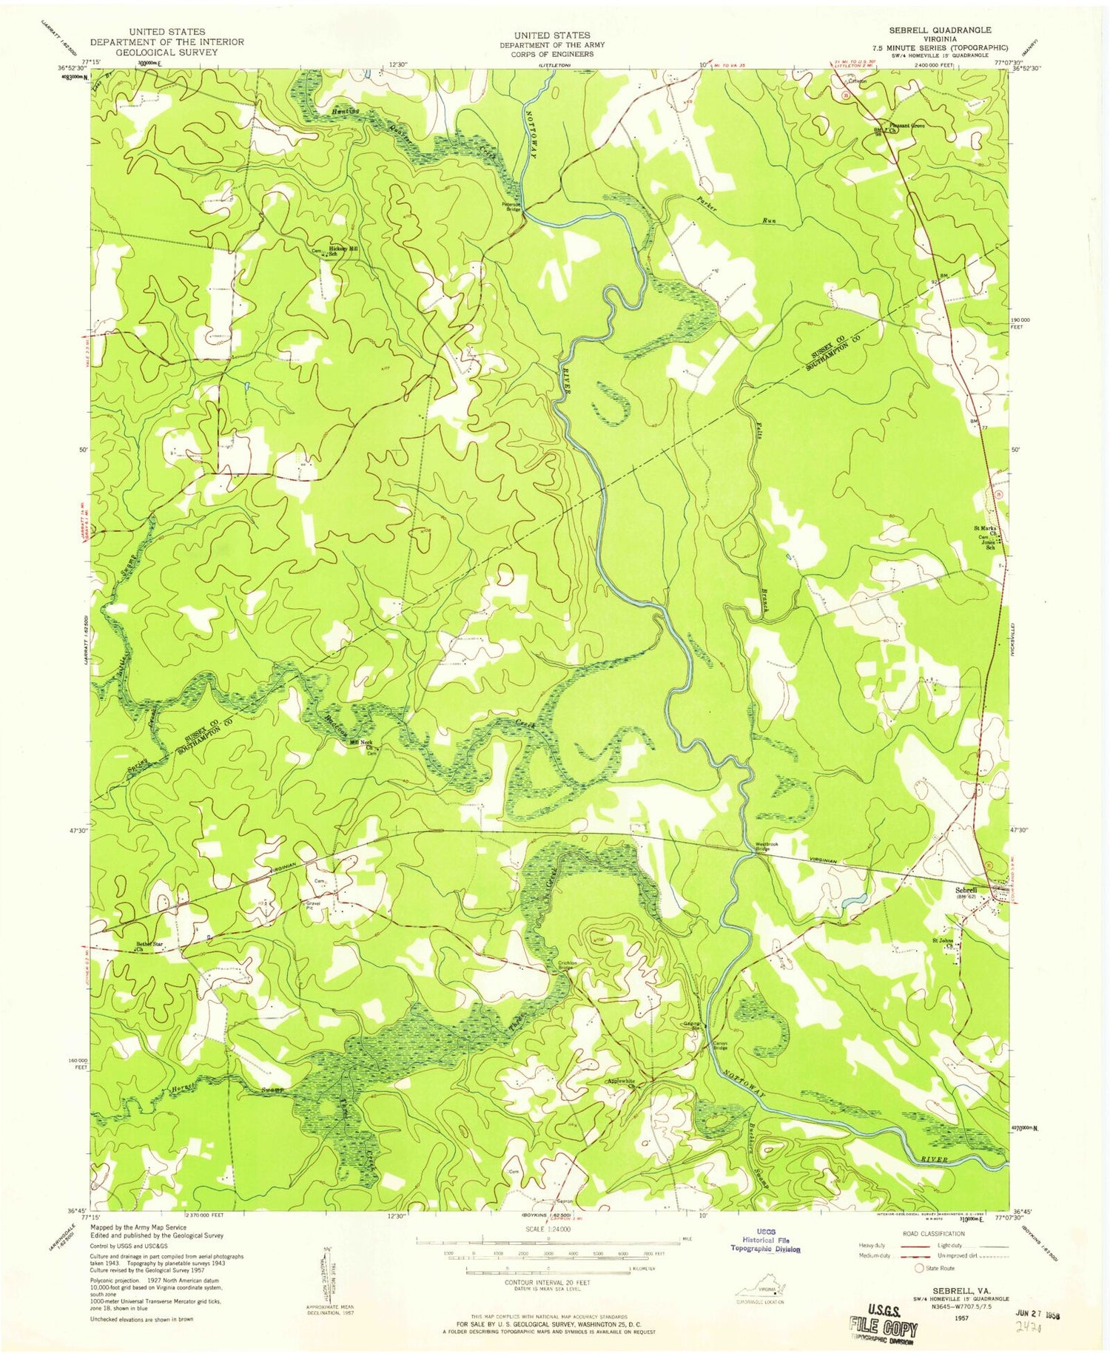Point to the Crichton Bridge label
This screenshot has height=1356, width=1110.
point(565,965)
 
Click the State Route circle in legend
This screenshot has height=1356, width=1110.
point(921,1267)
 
